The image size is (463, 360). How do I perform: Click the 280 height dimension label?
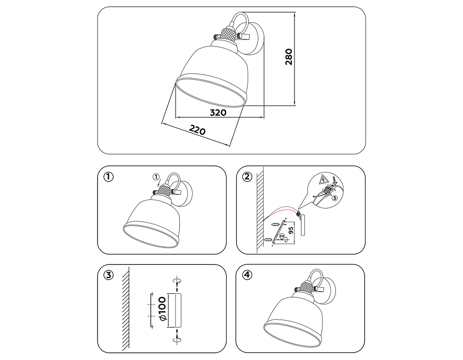coord(289,57)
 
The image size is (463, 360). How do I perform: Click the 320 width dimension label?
coord(218,113)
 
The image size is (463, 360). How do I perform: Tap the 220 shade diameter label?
coord(197,130)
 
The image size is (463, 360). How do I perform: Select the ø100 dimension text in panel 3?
coord(163,309)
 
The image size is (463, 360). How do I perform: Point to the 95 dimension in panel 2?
coord(291,231)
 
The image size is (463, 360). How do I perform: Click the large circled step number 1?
coord(108,177)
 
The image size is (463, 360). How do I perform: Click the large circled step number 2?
coord(247,177)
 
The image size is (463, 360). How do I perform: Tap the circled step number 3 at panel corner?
coord(108,275)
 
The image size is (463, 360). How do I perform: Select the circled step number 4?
coord(247,275)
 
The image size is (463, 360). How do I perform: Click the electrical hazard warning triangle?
coord(325,179)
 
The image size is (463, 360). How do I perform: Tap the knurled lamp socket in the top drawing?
coord(228,34)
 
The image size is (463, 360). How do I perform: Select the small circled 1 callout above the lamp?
coord(156,177)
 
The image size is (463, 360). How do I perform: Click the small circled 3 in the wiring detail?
coord(334,198)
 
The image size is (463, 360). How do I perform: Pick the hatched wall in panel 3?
coord(126,308)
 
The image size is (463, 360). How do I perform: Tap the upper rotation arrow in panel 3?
coord(177,281)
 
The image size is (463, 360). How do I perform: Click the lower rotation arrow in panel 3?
coord(177,339)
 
